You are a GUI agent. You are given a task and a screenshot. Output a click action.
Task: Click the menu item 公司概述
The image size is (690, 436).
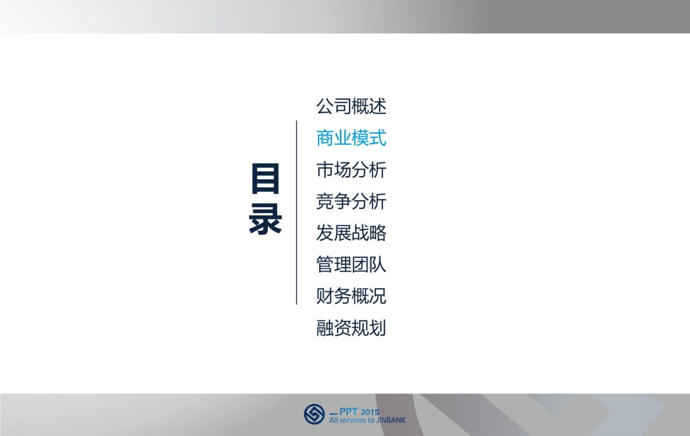pyautogui.click(x=351, y=106)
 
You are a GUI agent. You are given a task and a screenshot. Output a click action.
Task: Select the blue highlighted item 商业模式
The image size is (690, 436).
pyautogui.click(x=351, y=138)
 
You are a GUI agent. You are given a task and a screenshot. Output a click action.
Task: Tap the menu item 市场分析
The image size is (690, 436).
pyautogui.click(x=351, y=170)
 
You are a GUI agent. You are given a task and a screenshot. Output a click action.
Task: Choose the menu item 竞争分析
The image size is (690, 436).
pyautogui.click(x=351, y=202)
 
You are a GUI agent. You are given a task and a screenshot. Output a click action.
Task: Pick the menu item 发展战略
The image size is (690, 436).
pyautogui.click(x=351, y=234)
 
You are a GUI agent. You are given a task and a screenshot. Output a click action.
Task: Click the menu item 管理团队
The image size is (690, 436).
pyautogui.click(x=351, y=265)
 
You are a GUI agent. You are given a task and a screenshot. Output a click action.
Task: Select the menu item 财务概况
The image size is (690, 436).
pyautogui.click(x=351, y=297)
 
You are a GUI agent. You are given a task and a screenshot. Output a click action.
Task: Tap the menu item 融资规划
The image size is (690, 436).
pyautogui.click(x=351, y=328)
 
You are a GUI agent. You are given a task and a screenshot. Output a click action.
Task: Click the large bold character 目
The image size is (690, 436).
pyautogui.click(x=265, y=179)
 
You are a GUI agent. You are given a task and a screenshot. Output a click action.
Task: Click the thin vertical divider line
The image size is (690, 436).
pyautogui.click(x=296, y=213)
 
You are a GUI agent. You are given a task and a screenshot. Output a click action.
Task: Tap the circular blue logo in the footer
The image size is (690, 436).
pyautogui.click(x=314, y=414)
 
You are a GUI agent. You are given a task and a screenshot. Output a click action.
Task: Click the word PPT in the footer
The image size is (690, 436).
pyautogui.click(x=348, y=411)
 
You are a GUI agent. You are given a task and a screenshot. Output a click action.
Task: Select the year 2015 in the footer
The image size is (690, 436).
pyautogui.click(x=370, y=411)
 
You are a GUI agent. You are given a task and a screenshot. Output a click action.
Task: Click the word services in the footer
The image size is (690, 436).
pyautogui.click(x=353, y=420)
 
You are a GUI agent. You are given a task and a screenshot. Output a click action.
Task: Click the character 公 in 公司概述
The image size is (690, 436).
pyautogui.click(x=325, y=106)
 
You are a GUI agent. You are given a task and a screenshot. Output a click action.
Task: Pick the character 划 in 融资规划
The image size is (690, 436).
pyautogui.click(x=378, y=328)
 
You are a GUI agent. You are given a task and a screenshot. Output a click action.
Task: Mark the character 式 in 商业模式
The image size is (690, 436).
pyautogui.click(x=378, y=138)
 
